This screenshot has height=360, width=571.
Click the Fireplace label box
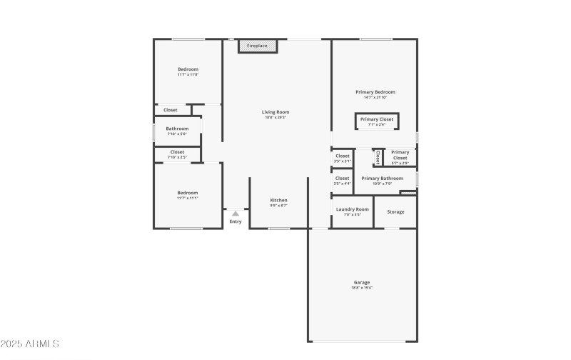tap(257, 46)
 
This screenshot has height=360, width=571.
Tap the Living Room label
tap(276, 112)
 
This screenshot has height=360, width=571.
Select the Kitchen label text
tap(278, 200)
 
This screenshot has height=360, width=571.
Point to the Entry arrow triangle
tap(235, 213)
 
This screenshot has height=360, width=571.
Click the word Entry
tap(236, 221)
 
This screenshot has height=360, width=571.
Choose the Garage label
tap(362, 282)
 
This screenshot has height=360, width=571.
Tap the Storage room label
tap(395, 212)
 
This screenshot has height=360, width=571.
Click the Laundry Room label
tap(353, 209)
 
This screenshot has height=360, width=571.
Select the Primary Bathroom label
tap(382, 179)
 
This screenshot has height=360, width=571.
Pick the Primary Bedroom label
tap(375, 92)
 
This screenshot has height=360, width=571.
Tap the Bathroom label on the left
tap(177, 129)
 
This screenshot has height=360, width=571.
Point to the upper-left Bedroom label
tap(188, 69)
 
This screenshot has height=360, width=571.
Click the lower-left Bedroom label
tap(188, 193)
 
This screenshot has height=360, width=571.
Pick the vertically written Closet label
tap(378, 157)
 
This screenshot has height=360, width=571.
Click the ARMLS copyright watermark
tap(30, 344)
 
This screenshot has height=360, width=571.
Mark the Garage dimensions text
tap(362, 288)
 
